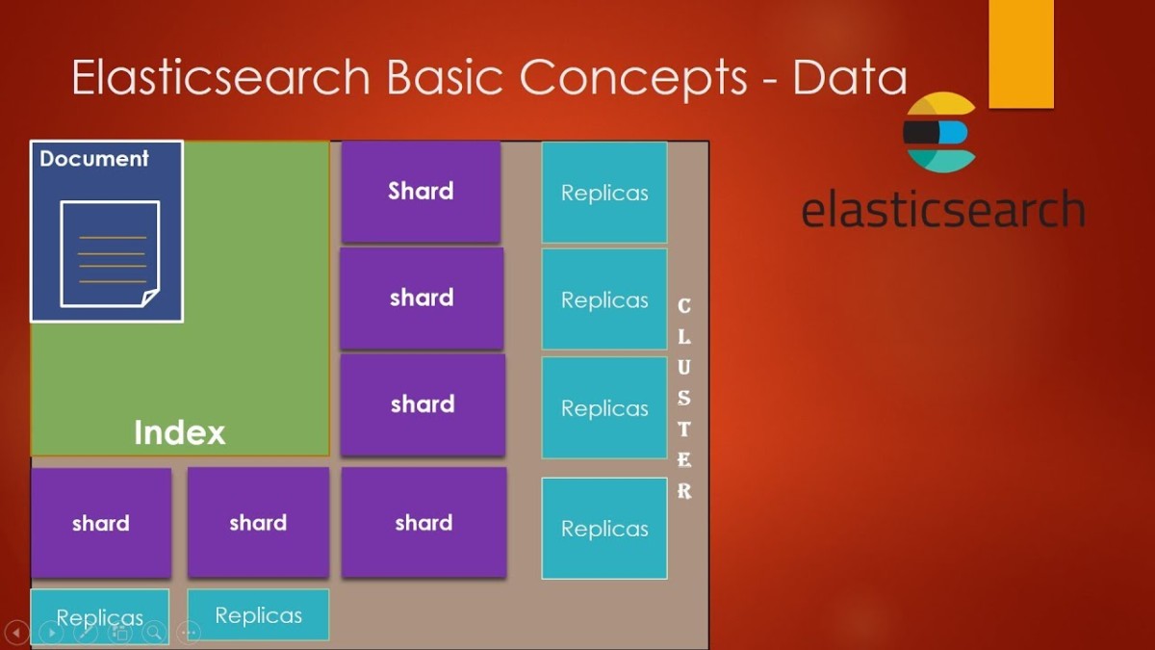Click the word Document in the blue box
pyautogui.click(x=94, y=159)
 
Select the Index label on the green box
pyautogui.click(x=179, y=432)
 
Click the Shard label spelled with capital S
pyautogui.click(x=421, y=191)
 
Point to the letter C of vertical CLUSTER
pyautogui.click(x=684, y=306)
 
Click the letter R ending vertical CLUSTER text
pyautogui.click(x=684, y=491)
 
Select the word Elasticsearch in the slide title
pyautogui.click(x=220, y=78)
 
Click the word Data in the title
pyautogui.click(x=850, y=78)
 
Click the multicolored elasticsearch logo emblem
pyautogui.click(x=939, y=133)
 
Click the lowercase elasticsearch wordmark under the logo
pyautogui.click(x=942, y=209)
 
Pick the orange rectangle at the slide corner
pyautogui.click(x=1020, y=53)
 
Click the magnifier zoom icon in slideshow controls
pyautogui.click(x=153, y=633)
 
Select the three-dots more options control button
pyautogui.click(x=189, y=633)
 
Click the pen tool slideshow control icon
pyautogui.click(x=86, y=633)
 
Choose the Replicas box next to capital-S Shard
pyautogui.click(x=604, y=193)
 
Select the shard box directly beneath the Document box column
pyautogui.click(x=100, y=523)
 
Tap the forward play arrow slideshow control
pyautogui.click(x=51, y=633)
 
